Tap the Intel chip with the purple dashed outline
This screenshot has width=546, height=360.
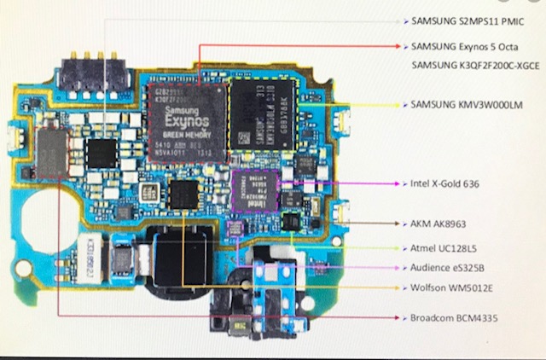tap(255, 190)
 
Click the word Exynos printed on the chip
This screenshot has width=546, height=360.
tap(186, 122)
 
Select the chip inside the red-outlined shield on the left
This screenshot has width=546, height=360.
tap(52, 154)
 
